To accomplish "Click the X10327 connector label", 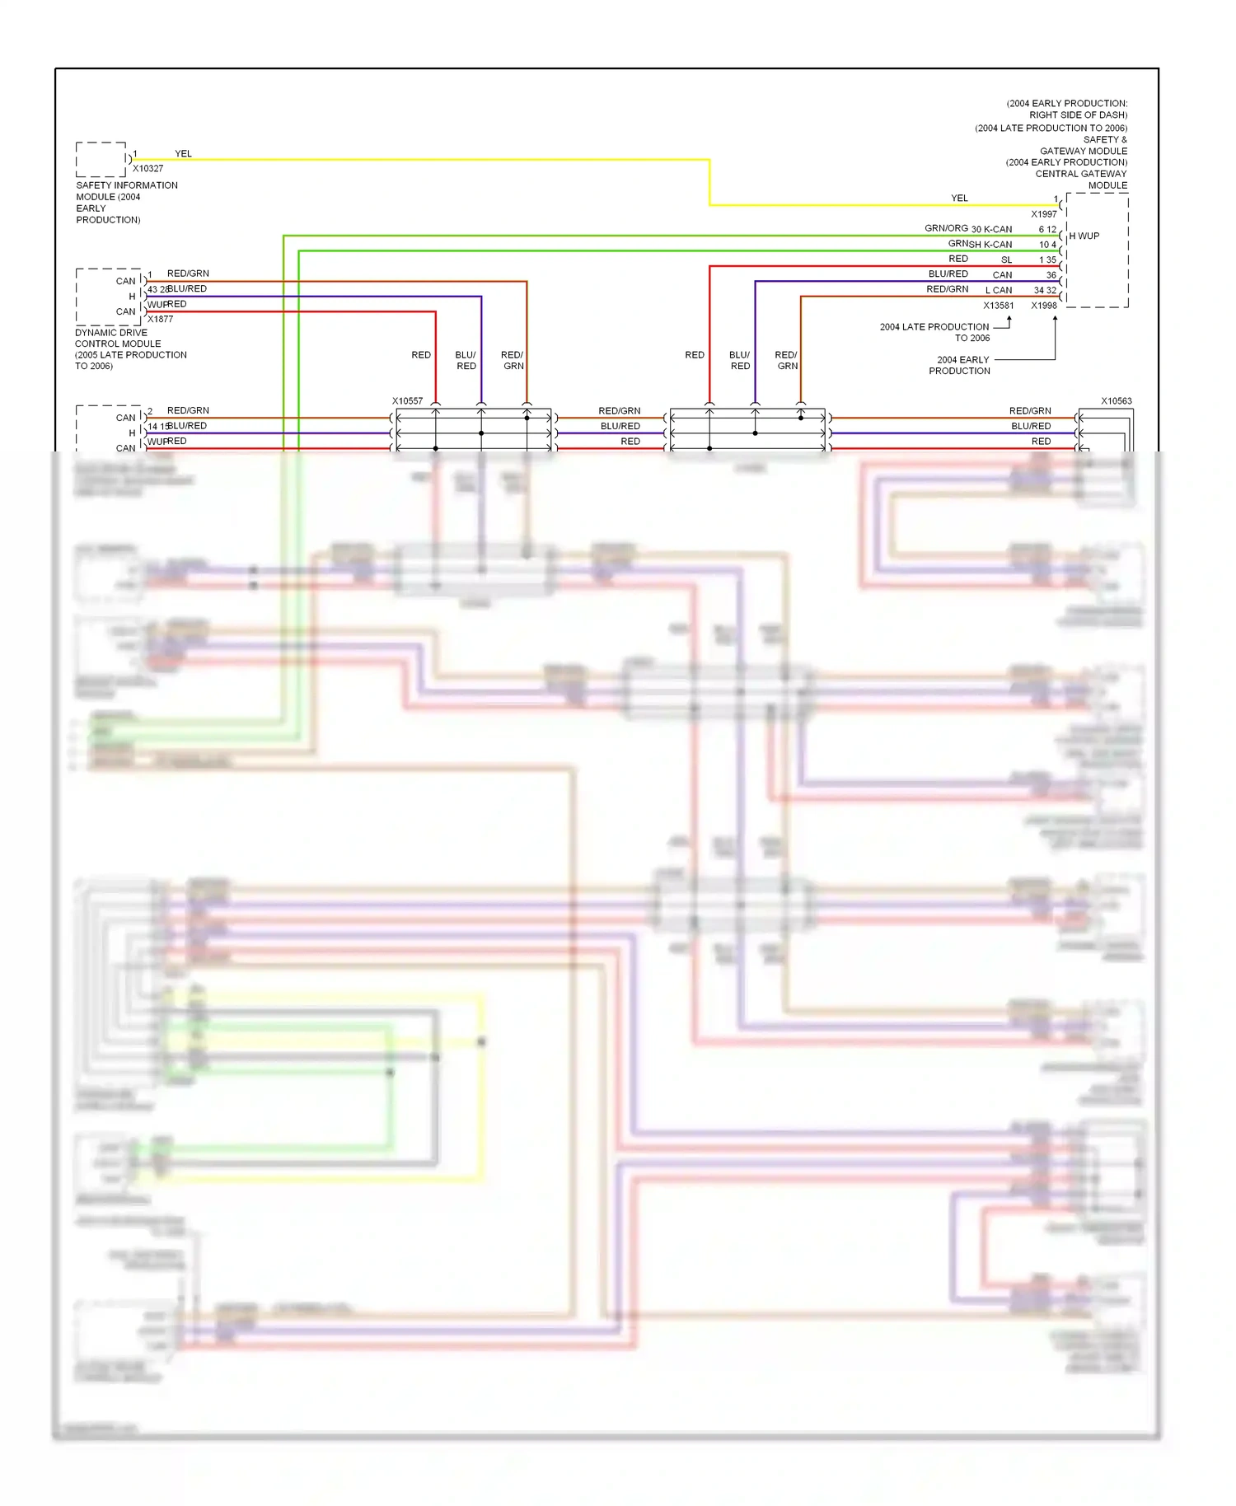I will coord(148,168).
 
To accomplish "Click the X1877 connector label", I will coord(160,319).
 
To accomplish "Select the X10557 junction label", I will coord(407,401).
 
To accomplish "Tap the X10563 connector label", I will coord(1116,401).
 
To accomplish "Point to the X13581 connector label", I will coord(998,306).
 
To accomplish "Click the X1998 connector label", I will coord(1043,306).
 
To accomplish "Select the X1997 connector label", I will coord(1043,214).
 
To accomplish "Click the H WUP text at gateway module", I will coord(1084,236).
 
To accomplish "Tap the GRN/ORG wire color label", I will coord(946,228).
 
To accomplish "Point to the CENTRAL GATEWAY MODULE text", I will coord(1080,180).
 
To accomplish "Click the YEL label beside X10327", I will coord(183,154).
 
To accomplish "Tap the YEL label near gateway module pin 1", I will coord(959,199).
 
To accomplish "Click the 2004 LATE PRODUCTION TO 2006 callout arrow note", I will coord(934,332).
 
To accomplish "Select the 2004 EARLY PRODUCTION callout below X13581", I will coord(961,365).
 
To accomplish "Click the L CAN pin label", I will coord(999,290).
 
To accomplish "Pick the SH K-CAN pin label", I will coord(990,245).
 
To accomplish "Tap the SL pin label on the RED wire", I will coord(1006,260).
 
